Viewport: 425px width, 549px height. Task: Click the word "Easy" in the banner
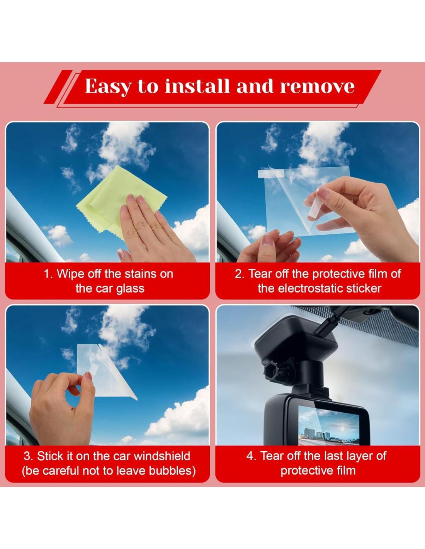pos(108,86)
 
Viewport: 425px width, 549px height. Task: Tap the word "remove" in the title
pos(317,86)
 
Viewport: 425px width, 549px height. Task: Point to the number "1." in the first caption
pos(48,274)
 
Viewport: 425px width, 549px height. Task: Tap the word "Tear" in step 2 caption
pos(258,274)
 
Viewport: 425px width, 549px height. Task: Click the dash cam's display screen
pos(329,427)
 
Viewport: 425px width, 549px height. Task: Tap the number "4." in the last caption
pos(252,456)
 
